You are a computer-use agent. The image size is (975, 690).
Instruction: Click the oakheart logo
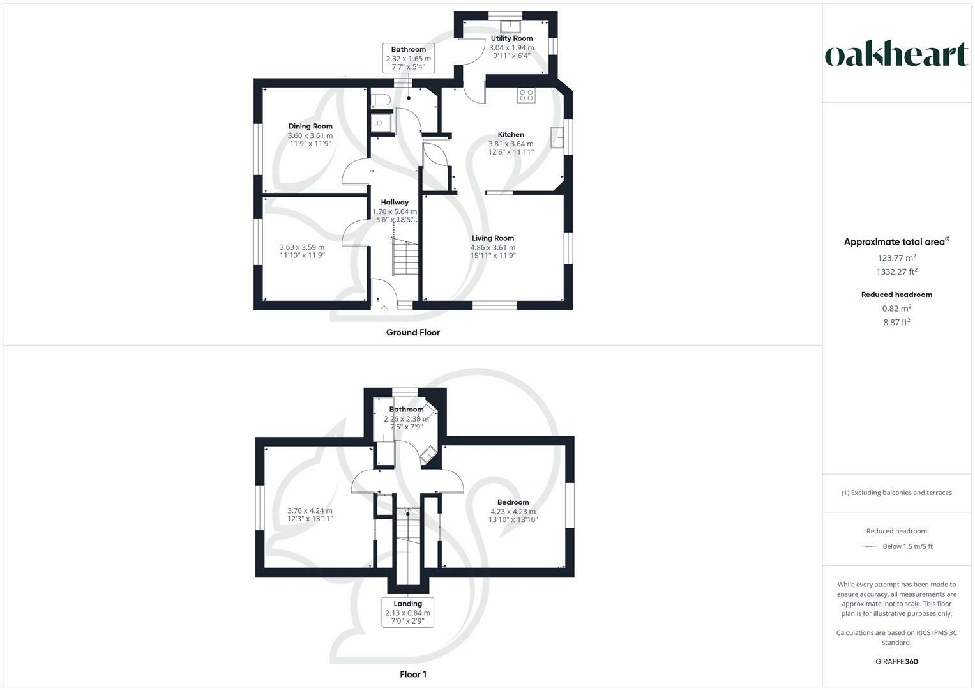coord(896,54)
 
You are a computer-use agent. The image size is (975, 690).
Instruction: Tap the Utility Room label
coord(511,38)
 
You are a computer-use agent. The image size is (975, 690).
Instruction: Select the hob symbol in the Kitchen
coord(526,95)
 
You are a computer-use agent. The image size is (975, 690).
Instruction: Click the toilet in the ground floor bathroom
coord(381,100)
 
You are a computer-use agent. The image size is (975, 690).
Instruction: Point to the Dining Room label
coord(310,126)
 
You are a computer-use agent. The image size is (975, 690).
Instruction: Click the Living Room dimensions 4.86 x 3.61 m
coord(492,247)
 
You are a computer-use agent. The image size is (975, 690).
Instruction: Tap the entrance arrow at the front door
coord(384,309)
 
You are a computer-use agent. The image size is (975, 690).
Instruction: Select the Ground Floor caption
coord(412,332)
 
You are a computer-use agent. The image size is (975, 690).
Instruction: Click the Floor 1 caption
coord(412,674)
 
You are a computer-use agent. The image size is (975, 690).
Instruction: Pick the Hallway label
coord(395,203)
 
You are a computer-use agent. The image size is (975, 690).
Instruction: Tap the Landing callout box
coord(407,612)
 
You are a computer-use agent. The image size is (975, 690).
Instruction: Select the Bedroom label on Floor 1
coord(513,502)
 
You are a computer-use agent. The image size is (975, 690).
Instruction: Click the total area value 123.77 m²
coord(896,258)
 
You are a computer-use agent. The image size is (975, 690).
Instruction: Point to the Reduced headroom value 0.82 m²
coord(896,308)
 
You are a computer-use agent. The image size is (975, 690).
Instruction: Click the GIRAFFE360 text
coord(896,661)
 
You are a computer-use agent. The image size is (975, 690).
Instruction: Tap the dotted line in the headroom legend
coord(869,546)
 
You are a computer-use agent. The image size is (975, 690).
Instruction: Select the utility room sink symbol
coord(510,26)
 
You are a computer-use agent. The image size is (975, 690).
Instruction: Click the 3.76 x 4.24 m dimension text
coord(310,510)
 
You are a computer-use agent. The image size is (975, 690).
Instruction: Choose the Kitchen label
coord(511,135)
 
